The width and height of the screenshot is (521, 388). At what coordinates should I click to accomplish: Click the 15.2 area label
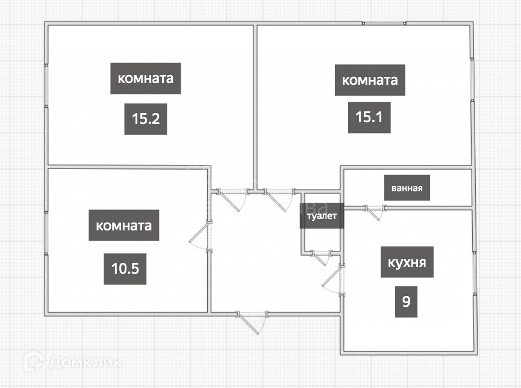(x=145, y=119)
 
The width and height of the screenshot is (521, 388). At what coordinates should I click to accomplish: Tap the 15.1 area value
(x=369, y=117)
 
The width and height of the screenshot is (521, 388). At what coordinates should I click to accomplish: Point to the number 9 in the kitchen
(x=406, y=301)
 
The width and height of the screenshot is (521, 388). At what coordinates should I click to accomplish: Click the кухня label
(x=407, y=263)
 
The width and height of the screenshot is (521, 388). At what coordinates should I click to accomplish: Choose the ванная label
(x=407, y=188)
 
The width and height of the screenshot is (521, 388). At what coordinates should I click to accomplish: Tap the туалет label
(x=322, y=215)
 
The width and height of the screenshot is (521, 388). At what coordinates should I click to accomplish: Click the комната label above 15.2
(x=145, y=78)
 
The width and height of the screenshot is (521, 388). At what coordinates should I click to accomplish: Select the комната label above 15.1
(x=369, y=80)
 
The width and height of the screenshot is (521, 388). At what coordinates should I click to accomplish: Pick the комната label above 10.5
(x=123, y=226)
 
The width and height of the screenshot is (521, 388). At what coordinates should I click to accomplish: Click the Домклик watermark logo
(x=72, y=362)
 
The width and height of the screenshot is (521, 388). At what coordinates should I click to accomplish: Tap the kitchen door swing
(x=333, y=280)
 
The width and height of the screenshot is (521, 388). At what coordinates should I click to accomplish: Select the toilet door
(x=320, y=257)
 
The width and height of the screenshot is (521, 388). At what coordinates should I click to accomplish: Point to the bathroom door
(x=374, y=212)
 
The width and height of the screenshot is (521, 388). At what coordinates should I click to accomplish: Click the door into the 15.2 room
(x=232, y=199)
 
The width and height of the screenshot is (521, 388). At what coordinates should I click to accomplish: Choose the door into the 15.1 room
(x=278, y=199)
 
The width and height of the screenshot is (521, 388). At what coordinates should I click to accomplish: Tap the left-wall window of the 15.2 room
(x=46, y=85)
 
